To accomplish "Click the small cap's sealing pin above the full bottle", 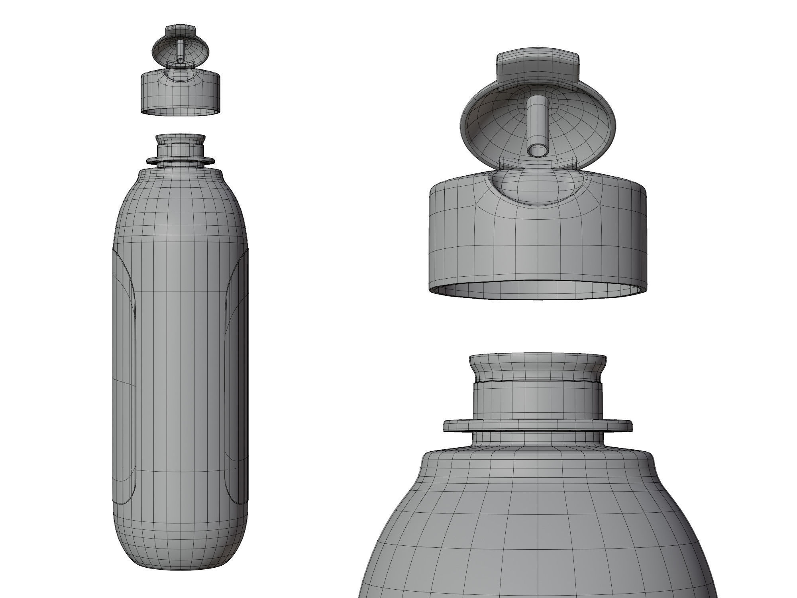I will click(x=180, y=50).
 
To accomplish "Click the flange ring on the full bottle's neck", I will click(x=181, y=161).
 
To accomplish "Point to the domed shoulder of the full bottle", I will click(x=180, y=199).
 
